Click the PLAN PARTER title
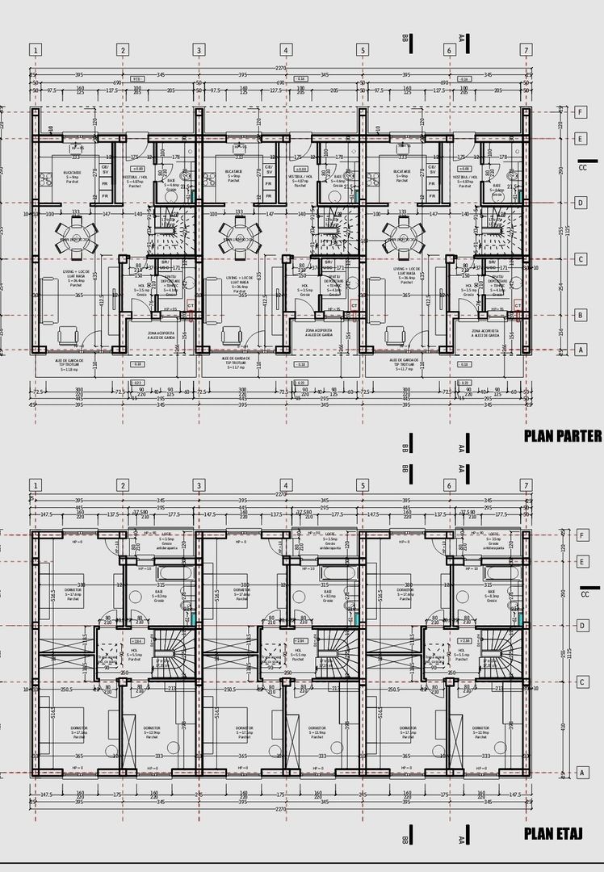(563, 436)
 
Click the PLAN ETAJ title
(553, 833)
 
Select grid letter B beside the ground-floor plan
(580, 315)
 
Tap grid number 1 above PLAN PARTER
(36, 50)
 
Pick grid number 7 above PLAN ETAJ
(526, 484)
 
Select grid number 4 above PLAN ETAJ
(285, 484)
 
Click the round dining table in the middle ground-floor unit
(240, 233)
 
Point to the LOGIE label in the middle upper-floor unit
(330, 535)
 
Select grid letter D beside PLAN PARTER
(580, 203)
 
